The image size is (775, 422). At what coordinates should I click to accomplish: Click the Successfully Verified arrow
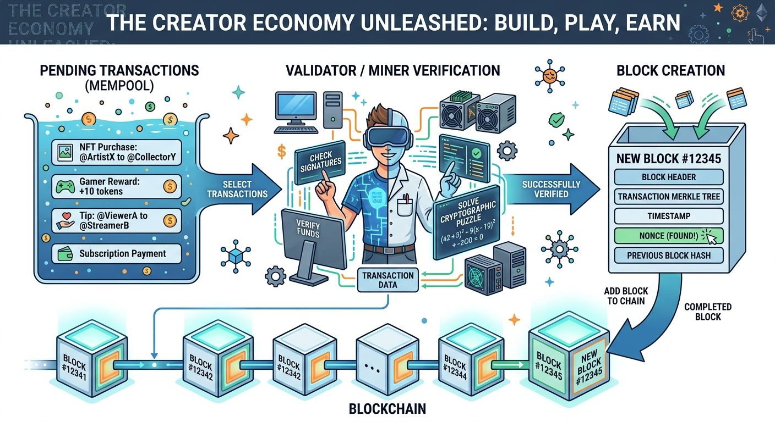point(550,188)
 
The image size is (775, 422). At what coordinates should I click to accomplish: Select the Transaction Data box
point(389,280)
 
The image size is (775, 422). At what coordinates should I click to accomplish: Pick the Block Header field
point(668,177)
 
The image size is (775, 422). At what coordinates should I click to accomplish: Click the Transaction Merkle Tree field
point(668,197)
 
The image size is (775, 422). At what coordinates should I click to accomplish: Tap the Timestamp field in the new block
point(668,216)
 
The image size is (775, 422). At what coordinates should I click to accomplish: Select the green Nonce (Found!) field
point(668,236)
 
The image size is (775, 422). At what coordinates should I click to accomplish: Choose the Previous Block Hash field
point(668,256)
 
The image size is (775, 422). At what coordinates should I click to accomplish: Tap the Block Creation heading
point(670,70)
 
